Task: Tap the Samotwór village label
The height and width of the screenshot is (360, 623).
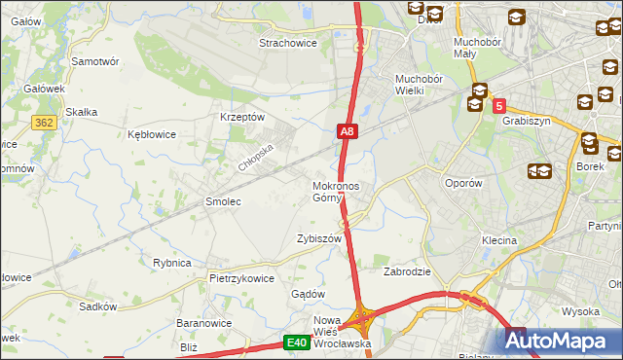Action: click(95, 60)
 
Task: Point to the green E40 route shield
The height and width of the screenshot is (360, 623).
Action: click(297, 342)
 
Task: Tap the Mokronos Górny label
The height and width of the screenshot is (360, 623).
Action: click(335, 191)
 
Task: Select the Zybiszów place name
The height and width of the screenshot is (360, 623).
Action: click(319, 238)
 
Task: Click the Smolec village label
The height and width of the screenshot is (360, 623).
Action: click(222, 201)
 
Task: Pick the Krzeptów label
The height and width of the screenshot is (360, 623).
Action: click(243, 116)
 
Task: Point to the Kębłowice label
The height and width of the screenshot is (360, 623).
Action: click(151, 135)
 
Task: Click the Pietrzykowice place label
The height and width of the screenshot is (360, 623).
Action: click(241, 277)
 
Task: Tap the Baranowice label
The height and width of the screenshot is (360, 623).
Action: click(202, 322)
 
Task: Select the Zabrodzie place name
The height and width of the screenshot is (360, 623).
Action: click(408, 271)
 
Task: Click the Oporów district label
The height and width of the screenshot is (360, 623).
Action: click(462, 183)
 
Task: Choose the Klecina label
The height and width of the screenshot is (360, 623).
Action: click(498, 239)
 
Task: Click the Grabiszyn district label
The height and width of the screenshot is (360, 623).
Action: click(528, 122)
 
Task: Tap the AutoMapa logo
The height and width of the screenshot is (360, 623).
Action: click(559, 341)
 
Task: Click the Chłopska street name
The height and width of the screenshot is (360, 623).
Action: click(258, 154)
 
